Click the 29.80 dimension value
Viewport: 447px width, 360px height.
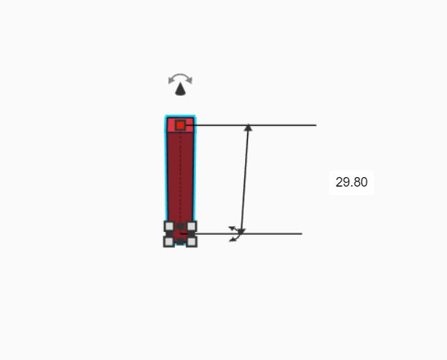(351, 183)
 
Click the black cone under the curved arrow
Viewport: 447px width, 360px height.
(180, 89)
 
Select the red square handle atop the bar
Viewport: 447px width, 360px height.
(180, 125)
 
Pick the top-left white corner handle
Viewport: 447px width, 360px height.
(169, 226)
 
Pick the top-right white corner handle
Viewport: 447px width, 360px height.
(192, 226)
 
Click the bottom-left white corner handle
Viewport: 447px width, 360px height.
(169, 241)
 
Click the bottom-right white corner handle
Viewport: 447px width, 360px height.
(192, 241)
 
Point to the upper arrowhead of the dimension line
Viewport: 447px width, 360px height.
(248, 128)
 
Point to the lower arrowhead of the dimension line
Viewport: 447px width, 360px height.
(241, 231)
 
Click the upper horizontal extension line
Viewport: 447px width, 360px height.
(278, 125)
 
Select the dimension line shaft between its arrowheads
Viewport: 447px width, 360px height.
(244, 179)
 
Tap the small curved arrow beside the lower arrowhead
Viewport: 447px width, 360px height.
(233, 233)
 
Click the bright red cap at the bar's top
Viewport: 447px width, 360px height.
(171, 124)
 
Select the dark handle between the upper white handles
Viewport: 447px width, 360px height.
(180, 226)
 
